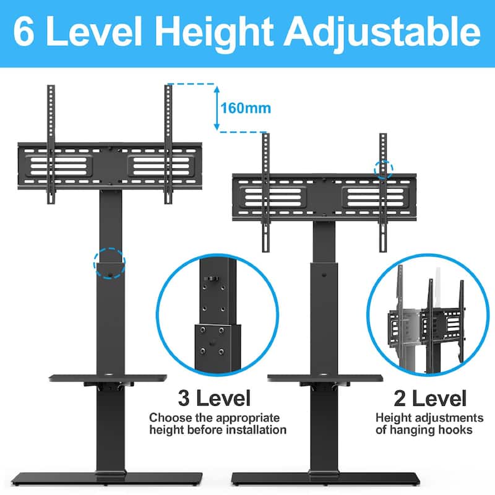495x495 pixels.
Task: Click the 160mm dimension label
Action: click(246, 108)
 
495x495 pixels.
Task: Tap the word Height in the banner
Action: click(214, 33)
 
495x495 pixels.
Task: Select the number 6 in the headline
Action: click(24, 32)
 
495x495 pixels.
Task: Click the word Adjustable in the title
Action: click(382, 33)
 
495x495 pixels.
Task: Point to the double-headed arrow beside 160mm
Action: click(217, 108)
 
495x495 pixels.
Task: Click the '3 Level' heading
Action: click(214, 398)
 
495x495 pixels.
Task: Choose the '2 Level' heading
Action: click(430, 398)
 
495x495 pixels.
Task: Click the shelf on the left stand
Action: click(108, 378)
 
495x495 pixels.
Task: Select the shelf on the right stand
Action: click(325, 378)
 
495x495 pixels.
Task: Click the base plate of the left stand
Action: click(107, 478)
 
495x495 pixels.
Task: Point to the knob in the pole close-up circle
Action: click(211, 279)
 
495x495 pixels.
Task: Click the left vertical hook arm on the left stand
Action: click(51, 144)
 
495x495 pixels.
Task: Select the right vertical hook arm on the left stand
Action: click(168, 144)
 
